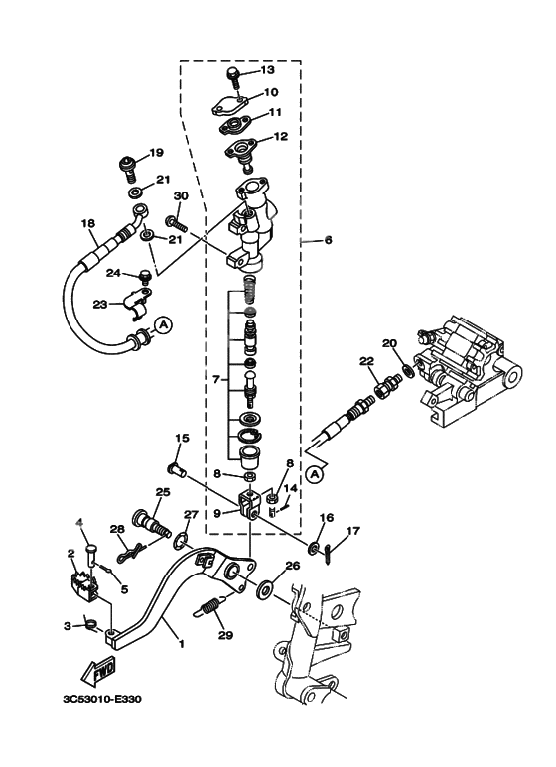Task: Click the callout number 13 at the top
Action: click(x=266, y=70)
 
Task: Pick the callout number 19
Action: click(x=155, y=153)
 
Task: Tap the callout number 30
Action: click(x=181, y=195)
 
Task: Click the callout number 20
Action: click(x=389, y=343)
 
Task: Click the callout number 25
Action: click(x=163, y=492)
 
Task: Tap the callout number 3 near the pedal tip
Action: click(x=67, y=626)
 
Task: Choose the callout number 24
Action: click(x=113, y=273)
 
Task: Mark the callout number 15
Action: click(x=183, y=438)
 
